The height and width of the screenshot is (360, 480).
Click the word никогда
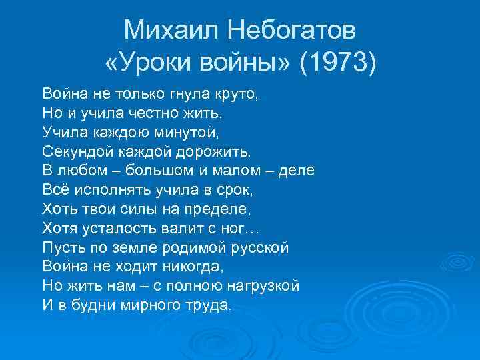[x=187, y=267]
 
